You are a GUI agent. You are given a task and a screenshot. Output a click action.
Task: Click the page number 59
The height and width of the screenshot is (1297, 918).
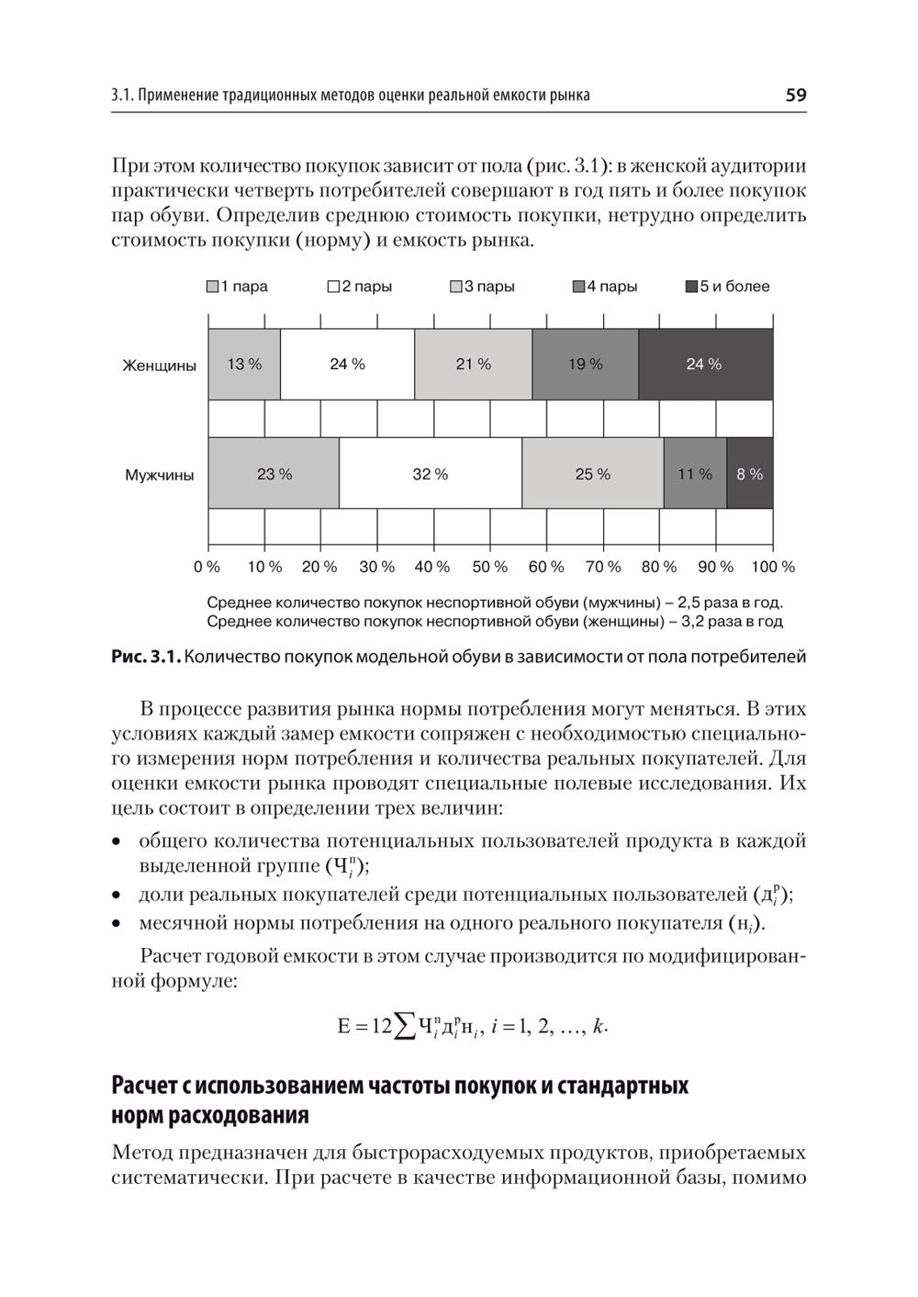click(x=795, y=95)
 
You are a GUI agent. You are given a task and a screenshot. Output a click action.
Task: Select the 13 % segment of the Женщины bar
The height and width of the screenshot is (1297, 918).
click(x=244, y=364)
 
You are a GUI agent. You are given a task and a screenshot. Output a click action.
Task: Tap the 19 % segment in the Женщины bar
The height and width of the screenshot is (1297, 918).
click(x=585, y=364)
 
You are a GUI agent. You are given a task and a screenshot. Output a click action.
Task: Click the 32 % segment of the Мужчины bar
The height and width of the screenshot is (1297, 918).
click(x=430, y=474)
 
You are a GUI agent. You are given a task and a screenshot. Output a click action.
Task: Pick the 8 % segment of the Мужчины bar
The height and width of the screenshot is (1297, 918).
click(x=749, y=474)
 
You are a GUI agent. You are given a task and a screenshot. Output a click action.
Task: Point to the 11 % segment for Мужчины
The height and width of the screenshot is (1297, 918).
click(x=695, y=474)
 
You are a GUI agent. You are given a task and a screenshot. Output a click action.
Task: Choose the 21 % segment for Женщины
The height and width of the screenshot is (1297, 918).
click(x=473, y=364)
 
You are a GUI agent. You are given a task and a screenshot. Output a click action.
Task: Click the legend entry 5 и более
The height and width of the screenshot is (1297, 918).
click(x=728, y=287)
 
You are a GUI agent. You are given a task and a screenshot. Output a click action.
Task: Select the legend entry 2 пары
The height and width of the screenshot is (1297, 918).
click(x=360, y=287)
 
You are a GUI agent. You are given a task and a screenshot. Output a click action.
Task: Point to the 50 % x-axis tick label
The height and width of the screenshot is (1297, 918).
click(x=489, y=567)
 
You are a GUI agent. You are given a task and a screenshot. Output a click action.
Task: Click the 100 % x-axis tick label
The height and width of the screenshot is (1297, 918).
click(x=772, y=567)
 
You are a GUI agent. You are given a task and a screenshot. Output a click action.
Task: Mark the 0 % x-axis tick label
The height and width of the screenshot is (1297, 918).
click(x=207, y=567)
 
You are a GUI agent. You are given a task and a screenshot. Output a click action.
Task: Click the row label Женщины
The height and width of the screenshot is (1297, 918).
click(x=160, y=366)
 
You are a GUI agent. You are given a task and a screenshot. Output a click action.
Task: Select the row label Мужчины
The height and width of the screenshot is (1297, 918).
click(x=160, y=476)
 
